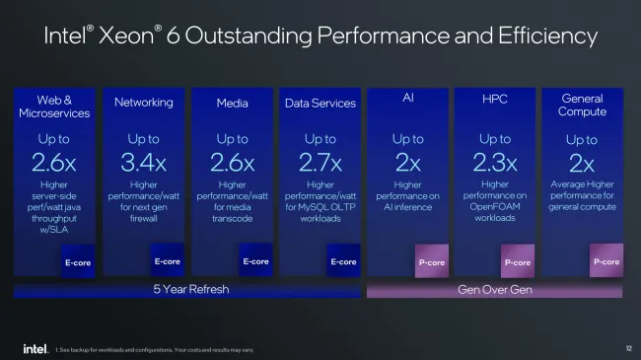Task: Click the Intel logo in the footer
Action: point(35,348)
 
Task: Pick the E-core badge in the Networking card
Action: point(167,261)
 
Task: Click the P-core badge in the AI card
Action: point(430,262)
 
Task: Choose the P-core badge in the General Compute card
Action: point(605,261)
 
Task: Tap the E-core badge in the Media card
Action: point(254,261)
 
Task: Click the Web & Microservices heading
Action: point(55,106)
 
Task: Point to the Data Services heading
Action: point(320,103)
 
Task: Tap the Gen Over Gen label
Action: point(494,290)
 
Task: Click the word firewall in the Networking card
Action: point(144,219)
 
